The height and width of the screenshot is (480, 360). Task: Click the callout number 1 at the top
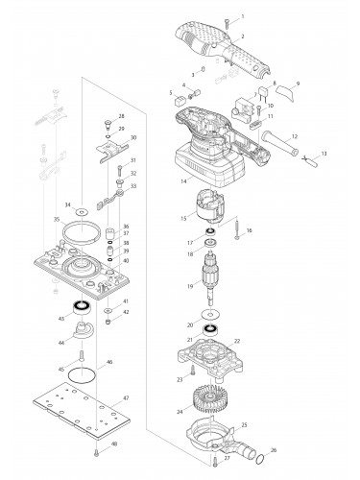click(241, 17)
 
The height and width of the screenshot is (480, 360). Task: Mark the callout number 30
click(132, 137)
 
